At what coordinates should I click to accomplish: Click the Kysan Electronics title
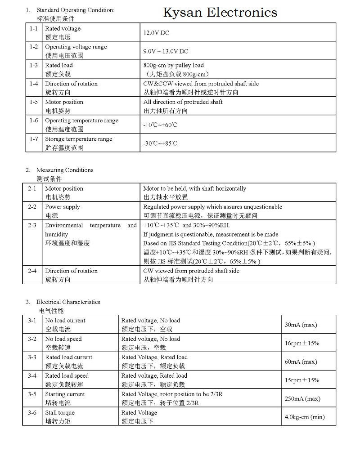(x=220, y=13)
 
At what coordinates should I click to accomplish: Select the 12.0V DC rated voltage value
(x=156, y=33)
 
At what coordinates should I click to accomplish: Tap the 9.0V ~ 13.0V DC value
(x=166, y=51)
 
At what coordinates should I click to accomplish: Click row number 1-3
(x=34, y=65)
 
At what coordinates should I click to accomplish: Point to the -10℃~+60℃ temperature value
(x=160, y=125)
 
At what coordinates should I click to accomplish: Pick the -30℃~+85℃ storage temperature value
(x=160, y=143)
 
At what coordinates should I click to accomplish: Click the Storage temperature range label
(x=79, y=139)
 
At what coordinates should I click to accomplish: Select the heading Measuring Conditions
(x=65, y=170)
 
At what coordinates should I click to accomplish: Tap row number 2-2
(x=32, y=207)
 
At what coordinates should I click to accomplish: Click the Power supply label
(x=63, y=207)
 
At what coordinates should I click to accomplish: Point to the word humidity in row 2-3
(x=56, y=234)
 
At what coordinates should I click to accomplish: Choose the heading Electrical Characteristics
(x=68, y=302)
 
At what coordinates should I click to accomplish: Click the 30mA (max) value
(x=301, y=325)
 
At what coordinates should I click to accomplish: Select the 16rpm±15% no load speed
(x=302, y=343)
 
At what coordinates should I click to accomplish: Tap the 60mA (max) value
(x=301, y=362)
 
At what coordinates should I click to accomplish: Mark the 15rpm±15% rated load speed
(x=302, y=380)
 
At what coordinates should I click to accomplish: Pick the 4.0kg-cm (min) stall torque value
(x=304, y=417)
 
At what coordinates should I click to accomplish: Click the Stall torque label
(x=60, y=412)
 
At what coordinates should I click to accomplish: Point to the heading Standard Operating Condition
(x=75, y=10)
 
